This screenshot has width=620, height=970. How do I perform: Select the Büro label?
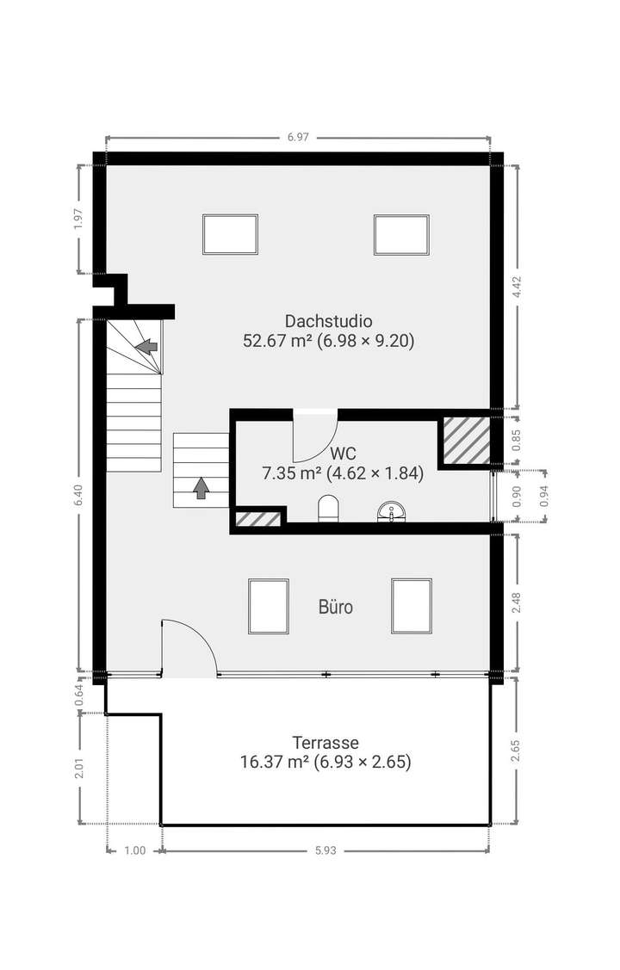[336, 608]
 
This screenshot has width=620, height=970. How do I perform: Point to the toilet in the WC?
[328, 510]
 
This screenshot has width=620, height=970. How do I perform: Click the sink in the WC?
[392, 513]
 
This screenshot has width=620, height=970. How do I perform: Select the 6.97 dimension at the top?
[298, 137]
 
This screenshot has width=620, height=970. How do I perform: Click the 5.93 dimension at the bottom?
[325, 850]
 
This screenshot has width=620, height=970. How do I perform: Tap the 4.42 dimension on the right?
[517, 287]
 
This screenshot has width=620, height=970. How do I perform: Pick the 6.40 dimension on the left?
[79, 495]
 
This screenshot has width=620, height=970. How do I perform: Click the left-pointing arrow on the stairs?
[147, 346]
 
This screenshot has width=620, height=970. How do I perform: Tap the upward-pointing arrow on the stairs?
[201, 488]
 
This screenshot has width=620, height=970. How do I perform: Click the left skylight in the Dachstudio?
[230, 234]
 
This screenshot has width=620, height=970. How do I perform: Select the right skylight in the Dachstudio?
[401, 234]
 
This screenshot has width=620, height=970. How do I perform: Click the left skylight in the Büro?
[269, 605]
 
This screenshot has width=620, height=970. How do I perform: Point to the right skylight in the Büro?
[411, 605]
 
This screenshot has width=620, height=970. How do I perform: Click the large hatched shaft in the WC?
[466, 442]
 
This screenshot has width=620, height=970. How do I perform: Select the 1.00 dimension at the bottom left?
[134, 850]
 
